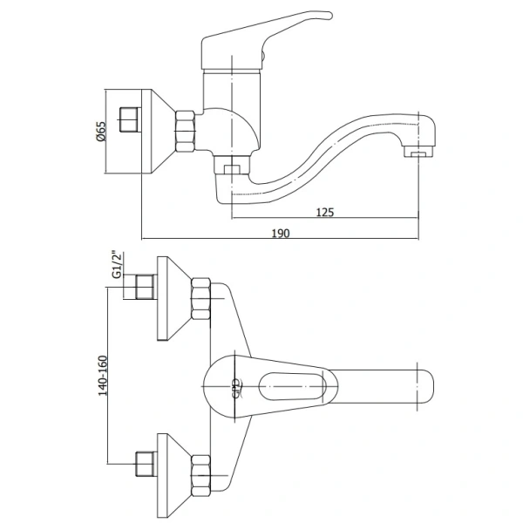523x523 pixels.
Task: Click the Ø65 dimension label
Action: pyautogui.click(x=101, y=131)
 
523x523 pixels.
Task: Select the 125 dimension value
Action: pyautogui.click(x=324, y=212)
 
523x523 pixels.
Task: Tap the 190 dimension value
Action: pyautogui.click(x=280, y=233)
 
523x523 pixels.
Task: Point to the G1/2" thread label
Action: pyautogui.click(x=117, y=264)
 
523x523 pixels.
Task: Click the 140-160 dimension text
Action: pyautogui.click(x=103, y=376)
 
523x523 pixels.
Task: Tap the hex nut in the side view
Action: pyautogui.click(x=186, y=132)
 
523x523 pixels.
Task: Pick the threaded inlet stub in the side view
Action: pyautogui.click(x=128, y=119)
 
